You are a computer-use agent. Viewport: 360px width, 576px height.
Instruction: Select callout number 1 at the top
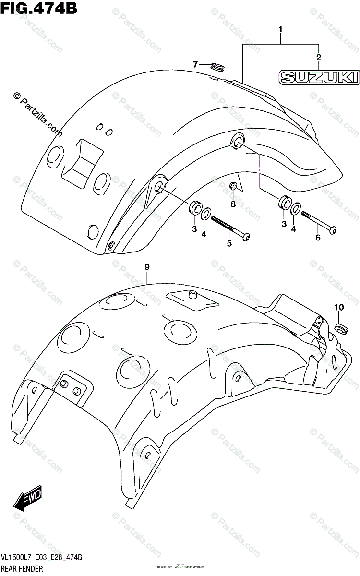point(281,31)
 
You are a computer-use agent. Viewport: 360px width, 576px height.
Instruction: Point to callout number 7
point(196,64)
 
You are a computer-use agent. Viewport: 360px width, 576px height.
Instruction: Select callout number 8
point(233,204)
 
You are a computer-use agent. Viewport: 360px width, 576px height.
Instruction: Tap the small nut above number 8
point(233,186)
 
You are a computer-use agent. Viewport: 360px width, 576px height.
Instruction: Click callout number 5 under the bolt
point(229,243)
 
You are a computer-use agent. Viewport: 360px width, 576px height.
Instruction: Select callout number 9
point(147,267)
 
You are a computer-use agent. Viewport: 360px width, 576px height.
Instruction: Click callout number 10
point(339,307)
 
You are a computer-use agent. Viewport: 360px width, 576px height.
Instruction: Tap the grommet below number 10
point(340,329)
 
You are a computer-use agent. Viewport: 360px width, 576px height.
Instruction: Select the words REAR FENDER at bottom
point(25,568)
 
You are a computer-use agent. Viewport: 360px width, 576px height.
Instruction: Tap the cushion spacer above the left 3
point(195,208)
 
